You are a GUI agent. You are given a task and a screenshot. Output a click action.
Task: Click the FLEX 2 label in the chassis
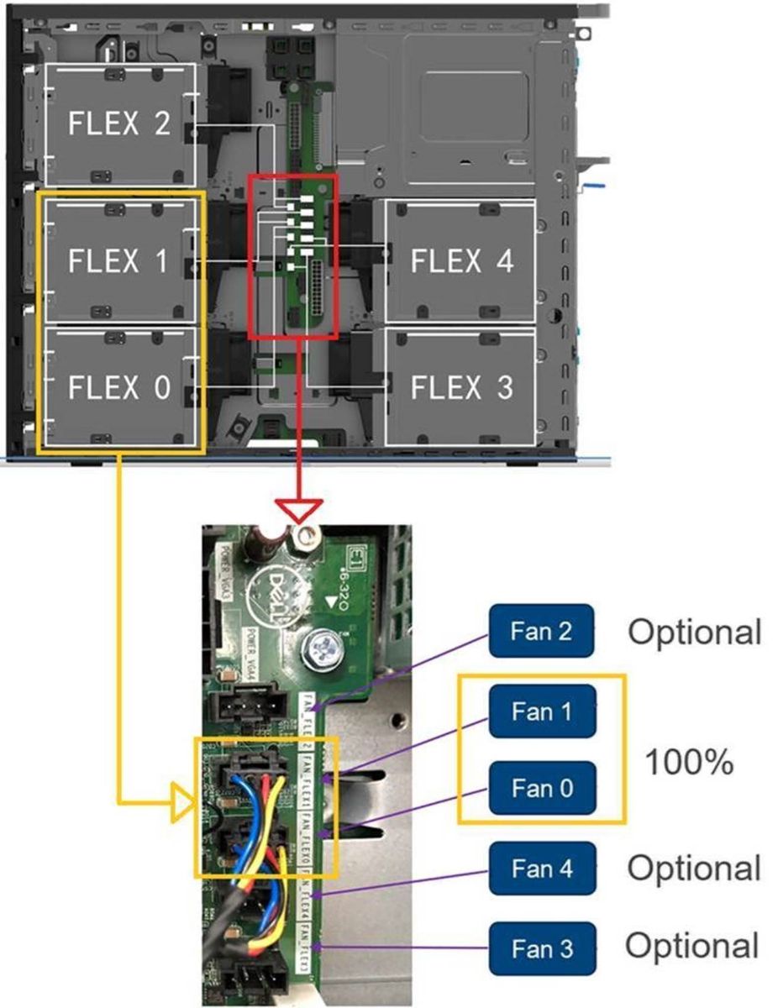(x=118, y=124)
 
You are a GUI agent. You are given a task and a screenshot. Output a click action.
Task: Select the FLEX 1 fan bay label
(x=118, y=261)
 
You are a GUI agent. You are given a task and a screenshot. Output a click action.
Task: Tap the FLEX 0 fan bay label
(x=118, y=388)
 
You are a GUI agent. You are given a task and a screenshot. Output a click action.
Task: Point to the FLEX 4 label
(x=461, y=261)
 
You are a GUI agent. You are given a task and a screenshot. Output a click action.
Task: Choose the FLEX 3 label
(x=461, y=388)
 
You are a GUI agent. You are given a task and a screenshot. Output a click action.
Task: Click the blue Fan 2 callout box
(x=542, y=631)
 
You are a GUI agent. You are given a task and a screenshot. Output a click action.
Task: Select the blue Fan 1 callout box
(x=542, y=711)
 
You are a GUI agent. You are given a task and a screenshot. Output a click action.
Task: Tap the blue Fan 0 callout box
(x=542, y=789)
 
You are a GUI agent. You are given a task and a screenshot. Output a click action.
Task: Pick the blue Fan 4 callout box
(x=542, y=869)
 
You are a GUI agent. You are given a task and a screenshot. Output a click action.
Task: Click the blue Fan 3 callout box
(x=542, y=948)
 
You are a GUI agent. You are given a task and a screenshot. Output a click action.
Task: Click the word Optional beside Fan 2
(x=695, y=632)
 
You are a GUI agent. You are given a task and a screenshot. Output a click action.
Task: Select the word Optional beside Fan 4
(x=694, y=869)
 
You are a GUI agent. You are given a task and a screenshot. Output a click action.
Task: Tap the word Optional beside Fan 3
(x=692, y=947)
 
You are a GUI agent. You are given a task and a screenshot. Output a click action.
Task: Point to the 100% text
(x=689, y=763)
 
